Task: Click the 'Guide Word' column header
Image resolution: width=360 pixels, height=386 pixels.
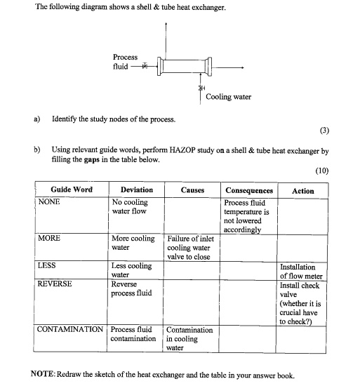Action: coord(71,190)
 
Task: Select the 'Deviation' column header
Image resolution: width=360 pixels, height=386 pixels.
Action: coord(136,190)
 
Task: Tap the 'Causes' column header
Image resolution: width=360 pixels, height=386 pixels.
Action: coord(192,190)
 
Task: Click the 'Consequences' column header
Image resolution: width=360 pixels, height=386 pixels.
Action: coord(248,190)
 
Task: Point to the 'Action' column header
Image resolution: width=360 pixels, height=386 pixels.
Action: coord(302,190)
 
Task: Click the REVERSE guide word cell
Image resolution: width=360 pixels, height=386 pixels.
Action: coord(55,285)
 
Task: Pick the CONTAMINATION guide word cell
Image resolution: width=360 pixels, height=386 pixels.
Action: coord(70,329)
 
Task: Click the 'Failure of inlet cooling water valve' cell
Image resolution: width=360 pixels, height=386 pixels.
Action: coord(191,247)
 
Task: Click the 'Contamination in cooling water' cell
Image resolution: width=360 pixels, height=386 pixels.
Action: coord(189,338)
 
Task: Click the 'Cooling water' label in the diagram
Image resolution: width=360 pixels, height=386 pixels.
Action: coord(228,97)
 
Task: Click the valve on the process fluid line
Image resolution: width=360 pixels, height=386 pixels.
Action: coord(145,67)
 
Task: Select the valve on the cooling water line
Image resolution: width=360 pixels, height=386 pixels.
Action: coord(201,88)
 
